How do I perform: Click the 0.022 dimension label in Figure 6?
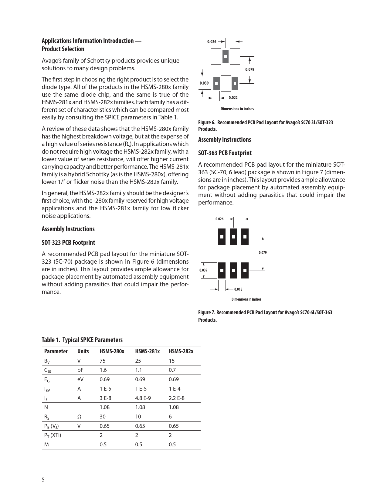tap(233, 98)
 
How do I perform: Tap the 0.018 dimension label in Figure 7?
tap(238, 289)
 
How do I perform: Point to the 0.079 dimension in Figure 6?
tap(250, 69)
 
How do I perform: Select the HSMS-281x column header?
tap(147, 351)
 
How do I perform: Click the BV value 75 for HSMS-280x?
tap(103, 361)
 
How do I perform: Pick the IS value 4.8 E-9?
tap(143, 398)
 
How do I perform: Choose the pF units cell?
tap(80, 370)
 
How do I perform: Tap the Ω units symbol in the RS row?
tap(79, 417)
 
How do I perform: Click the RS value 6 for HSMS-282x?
tap(170, 417)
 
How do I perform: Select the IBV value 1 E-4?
tap(175, 389)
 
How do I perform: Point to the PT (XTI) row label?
tap(53, 435)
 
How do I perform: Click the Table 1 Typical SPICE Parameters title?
tap(82, 340)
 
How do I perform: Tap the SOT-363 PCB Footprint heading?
tap(225, 153)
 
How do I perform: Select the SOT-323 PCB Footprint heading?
tap(68, 243)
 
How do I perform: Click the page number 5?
tap(43, 480)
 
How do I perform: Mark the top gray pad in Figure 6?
tap(225, 56)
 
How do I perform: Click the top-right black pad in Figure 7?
tap(245, 237)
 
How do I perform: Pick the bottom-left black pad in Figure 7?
tap(222, 270)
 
